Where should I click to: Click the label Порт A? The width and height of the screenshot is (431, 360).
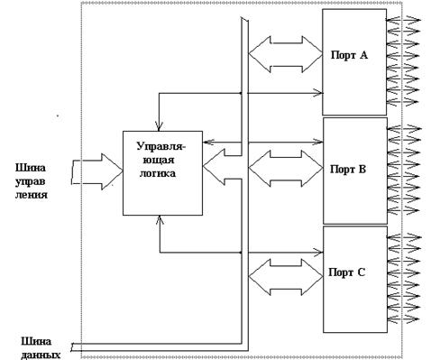[x=349, y=55]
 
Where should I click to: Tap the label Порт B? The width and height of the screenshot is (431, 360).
[x=348, y=170]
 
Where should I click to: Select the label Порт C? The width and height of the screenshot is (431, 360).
[x=347, y=272]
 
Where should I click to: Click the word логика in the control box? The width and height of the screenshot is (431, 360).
[x=158, y=173]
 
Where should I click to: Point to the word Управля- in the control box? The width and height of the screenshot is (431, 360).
[x=161, y=146]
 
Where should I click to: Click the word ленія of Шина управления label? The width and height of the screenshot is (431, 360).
[x=32, y=194]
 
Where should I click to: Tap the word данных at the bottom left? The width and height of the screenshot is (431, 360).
[x=41, y=355]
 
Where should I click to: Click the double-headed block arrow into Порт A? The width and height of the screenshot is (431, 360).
[x=286, y=54]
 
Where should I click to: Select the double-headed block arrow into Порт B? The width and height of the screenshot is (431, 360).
[x=286, y=169]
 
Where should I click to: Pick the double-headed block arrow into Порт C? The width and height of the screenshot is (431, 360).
[x=286, y=277]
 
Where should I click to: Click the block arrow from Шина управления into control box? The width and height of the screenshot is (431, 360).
[x=97, y=171]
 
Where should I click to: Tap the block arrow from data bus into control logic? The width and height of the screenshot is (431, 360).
[x=223, y=167]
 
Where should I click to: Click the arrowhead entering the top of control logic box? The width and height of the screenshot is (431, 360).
[x=159, y=126]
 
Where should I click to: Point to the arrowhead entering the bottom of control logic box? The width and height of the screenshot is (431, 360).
[x=160, y=220]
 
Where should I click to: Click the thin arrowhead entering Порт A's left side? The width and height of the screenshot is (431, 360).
[x=318, y=93]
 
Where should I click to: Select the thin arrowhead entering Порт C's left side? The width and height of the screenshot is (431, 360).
[x=318, y=252]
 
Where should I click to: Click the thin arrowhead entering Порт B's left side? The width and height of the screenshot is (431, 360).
[x=318, y=142]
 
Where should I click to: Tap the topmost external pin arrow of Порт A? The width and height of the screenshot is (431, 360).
[x=403, y=20]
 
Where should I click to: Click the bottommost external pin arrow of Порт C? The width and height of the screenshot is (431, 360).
[x=403, y=318]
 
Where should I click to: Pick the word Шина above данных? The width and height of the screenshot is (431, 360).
[x=36, y=342]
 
